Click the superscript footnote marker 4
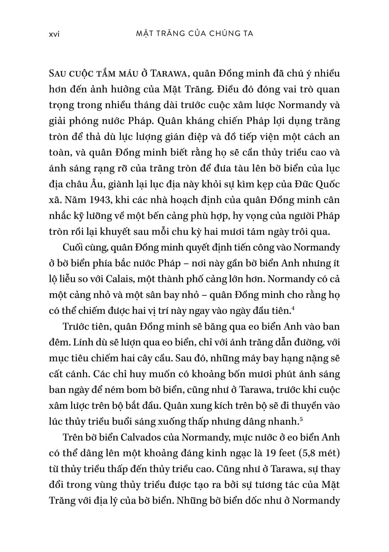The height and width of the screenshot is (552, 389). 293,308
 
